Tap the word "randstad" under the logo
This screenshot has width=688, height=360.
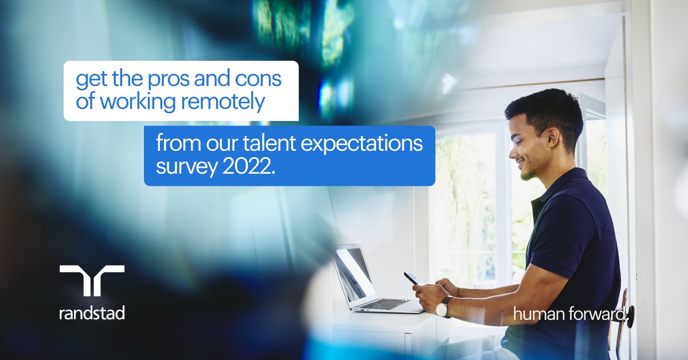(x=92, y=313)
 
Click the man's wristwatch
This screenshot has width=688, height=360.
(x=442, y=307)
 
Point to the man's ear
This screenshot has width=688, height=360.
(x=551, y=137)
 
